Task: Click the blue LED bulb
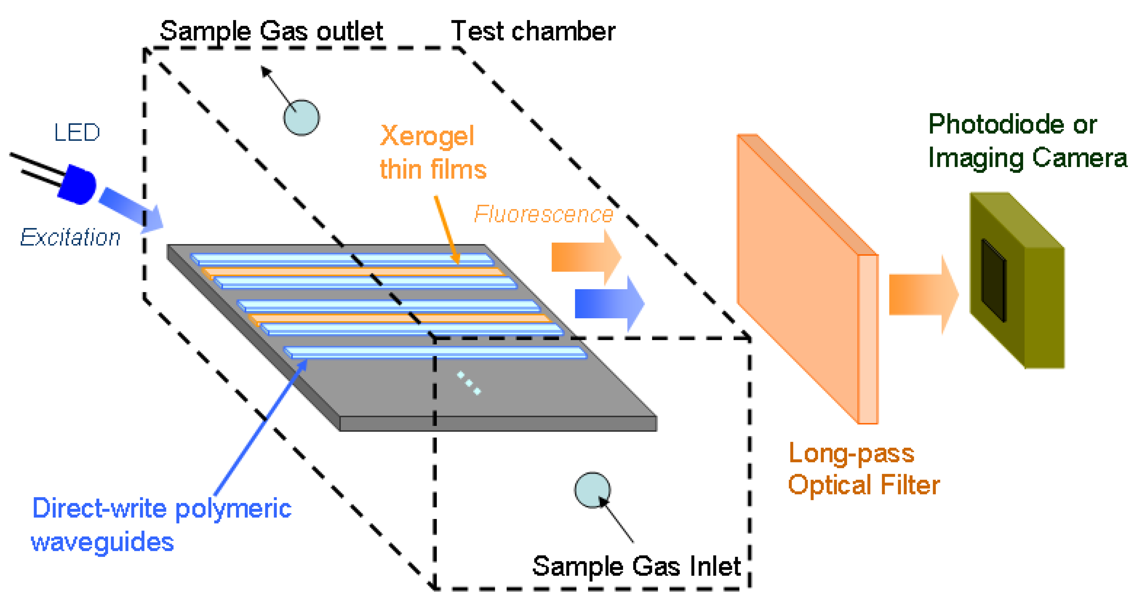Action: tap(78, 184)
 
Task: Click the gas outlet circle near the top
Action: tap(301, 117)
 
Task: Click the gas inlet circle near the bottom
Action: tap(592, 490)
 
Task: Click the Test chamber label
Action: tap(533, 32)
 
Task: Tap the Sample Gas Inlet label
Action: tap(636, 566)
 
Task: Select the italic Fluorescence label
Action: tap(543, 214)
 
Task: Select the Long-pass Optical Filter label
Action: tap(863, 469)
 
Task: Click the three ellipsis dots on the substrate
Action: tap(469, 382)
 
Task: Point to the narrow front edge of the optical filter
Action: tap(868, 339)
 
